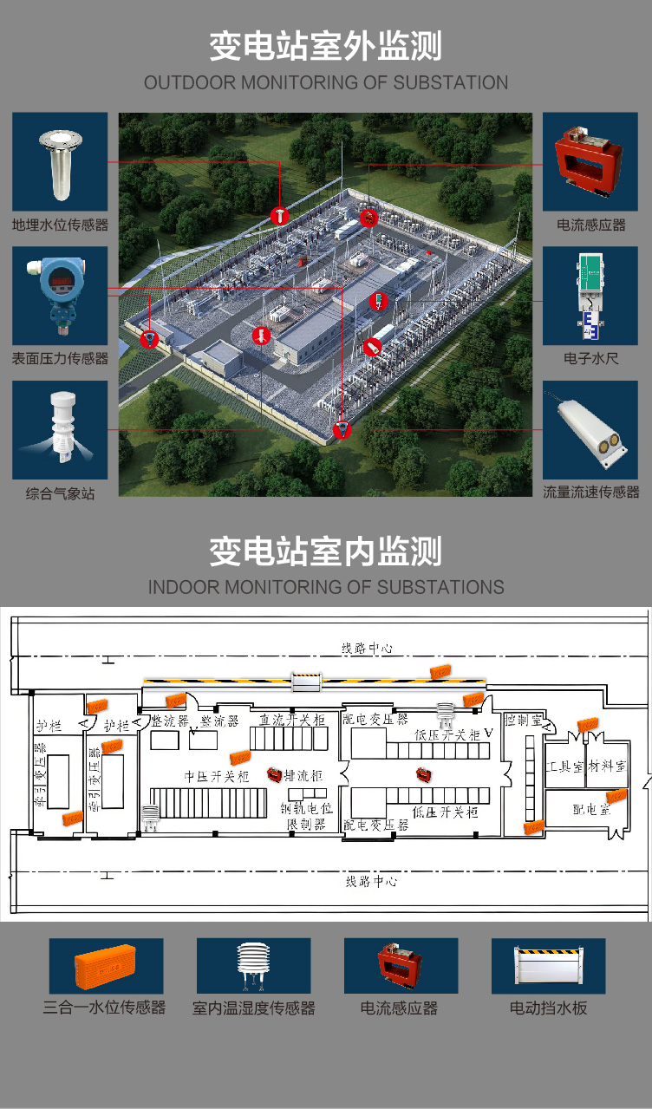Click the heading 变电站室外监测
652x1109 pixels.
tap(325, 46)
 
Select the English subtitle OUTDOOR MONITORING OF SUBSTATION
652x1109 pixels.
tap(325, 83)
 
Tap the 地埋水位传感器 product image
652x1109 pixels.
tap(60, 162)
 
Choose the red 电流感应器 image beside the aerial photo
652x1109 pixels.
tap(590, 161)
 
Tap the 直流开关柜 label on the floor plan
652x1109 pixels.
tap(292, 720)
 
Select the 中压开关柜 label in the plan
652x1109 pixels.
tap(216, 777)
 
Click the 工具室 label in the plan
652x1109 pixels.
tap(567, 767)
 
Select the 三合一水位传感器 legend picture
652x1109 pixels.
tap(105, 966)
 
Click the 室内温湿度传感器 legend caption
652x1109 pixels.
tap(253, 1008)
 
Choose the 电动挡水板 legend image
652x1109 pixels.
tap(548, 966)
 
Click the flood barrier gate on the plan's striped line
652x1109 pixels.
tap(307, 682)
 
